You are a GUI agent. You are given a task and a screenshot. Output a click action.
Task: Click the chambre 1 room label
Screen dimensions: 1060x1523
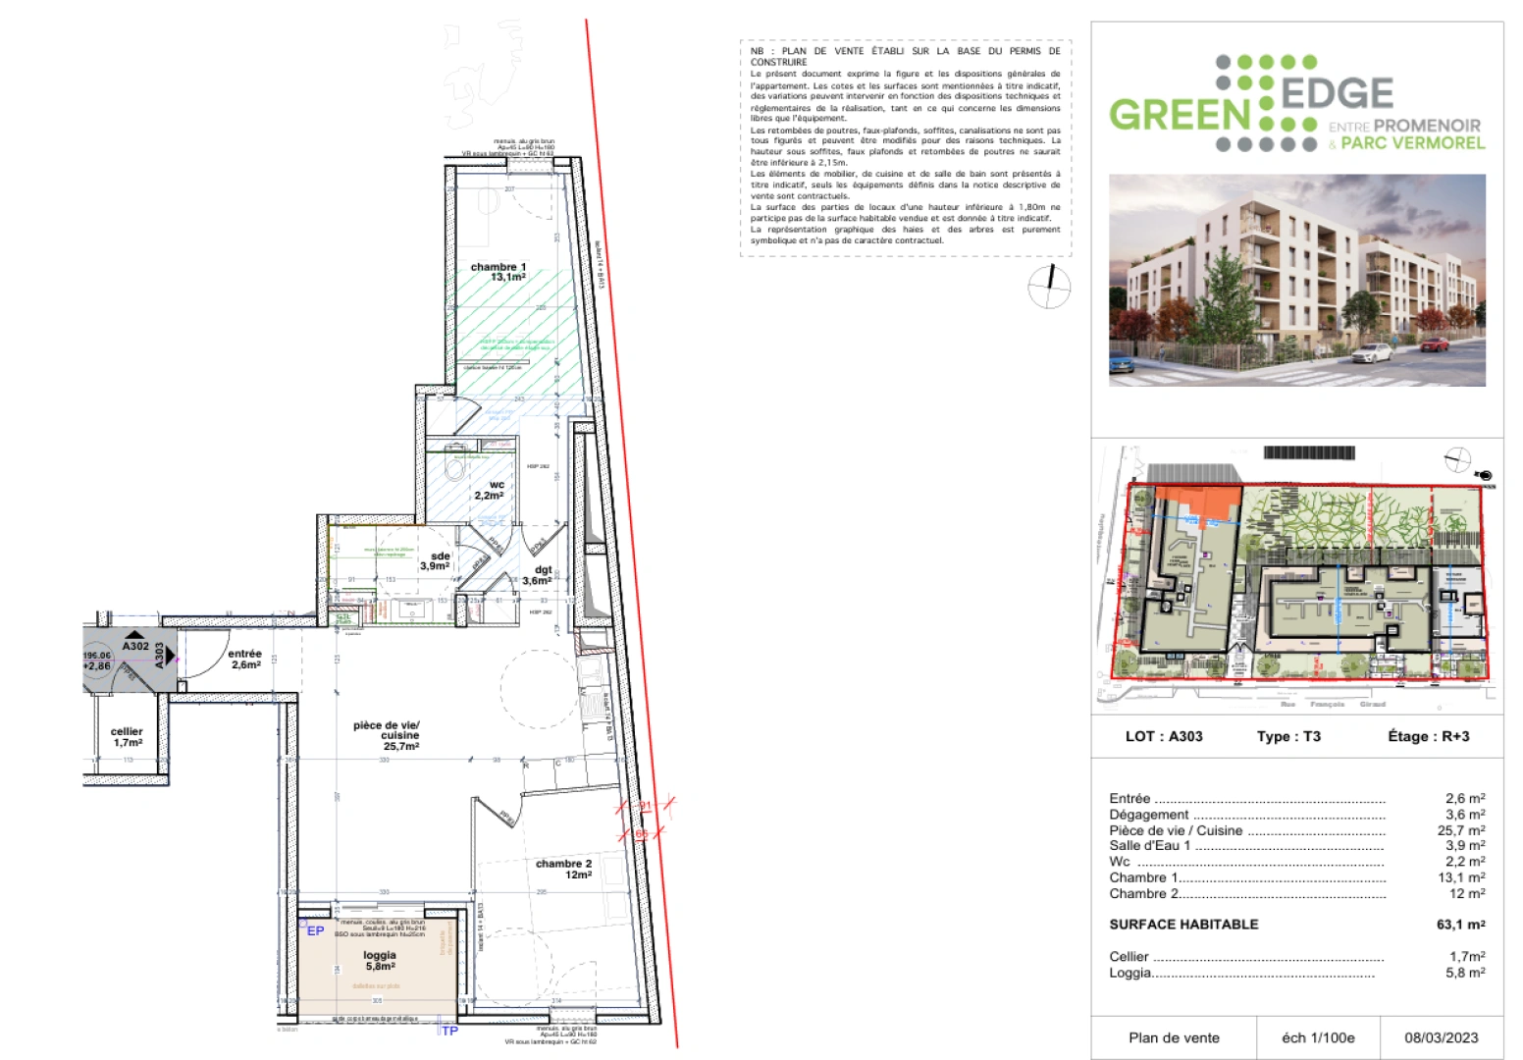click(x=499, y=272)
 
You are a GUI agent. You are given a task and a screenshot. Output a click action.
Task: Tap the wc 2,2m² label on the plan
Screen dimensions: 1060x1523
click(x=490, y=490)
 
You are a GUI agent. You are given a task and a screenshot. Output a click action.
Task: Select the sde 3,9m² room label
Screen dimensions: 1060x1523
click(x=436, y=560)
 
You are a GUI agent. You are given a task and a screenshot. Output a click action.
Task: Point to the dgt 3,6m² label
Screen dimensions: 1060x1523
click(x=537, y=575)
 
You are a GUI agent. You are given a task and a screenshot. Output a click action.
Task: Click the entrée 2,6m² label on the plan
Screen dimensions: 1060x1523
click(x=245, y=659)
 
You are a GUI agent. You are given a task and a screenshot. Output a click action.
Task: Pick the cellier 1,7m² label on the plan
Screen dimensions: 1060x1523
click(x=127, y=737)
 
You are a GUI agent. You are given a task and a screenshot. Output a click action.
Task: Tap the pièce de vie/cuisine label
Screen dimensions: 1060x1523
click(x=387, y=735)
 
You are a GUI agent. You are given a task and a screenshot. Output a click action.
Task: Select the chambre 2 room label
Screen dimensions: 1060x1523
click(x=563, y=869)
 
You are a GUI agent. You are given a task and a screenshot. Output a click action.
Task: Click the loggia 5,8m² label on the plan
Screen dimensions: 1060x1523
click(x=380, y=960)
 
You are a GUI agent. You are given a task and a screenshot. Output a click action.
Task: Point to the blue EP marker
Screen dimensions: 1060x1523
click(x=315, y=930)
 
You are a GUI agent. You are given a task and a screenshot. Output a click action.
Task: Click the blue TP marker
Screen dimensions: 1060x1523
click(x=449, y=1031)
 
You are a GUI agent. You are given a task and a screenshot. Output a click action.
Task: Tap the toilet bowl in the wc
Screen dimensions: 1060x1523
click(x=455, y=468)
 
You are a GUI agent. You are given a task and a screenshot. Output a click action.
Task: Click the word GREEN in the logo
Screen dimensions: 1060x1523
click(x=1180, y=115)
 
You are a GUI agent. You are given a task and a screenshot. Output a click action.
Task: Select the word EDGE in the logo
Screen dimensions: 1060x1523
click(x=1338, y=93)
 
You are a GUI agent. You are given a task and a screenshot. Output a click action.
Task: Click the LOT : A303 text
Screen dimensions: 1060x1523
click(x=1164, y=736)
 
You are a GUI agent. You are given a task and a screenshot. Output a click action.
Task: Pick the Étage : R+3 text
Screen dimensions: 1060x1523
click(x=1429, y=736)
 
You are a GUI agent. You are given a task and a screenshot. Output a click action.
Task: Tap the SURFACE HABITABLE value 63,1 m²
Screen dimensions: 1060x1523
click(x=1460, y=925)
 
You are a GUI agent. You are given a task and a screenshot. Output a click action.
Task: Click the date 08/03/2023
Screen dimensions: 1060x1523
click(x=1441, y=1037)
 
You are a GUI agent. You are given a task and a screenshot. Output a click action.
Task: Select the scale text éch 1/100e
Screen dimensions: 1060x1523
click(x=1318, y=1037)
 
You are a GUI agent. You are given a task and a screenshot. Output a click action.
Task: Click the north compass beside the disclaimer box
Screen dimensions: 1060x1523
click(x=1049, y=287)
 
